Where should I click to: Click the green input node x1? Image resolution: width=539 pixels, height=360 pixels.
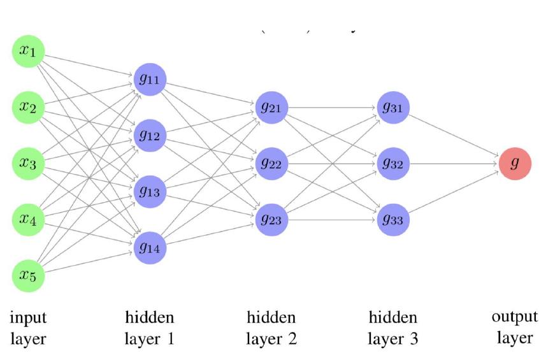click(x=28, y=52)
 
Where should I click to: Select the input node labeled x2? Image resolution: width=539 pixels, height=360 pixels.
click(x=28, y=107)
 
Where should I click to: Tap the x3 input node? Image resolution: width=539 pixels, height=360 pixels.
click(x=28, y=163)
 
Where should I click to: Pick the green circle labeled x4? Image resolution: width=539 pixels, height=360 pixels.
click(x=28, y=219)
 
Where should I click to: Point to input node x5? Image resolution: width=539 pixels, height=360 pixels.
click(x=28, y=275)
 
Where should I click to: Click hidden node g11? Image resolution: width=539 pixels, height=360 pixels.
click(x=150, y=80)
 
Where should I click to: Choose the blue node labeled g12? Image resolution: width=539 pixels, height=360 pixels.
click(x=150, y=135)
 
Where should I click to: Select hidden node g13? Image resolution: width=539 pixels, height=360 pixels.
click(x=150, y=191)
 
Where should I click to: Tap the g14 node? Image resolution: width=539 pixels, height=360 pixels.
click(x=150, y=247)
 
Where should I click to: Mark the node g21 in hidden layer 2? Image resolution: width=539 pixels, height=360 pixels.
click(x=272, y=107)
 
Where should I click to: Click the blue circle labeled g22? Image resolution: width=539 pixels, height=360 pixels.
click(x=272, y=163)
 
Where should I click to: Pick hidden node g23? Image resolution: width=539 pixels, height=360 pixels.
click(x=272, y=219)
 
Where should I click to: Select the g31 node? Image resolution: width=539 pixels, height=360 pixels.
click(x=393, y=107)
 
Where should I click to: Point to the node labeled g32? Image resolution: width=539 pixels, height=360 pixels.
click(x=393, y=163)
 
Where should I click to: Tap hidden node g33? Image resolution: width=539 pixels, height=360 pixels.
click(x=393, y=219)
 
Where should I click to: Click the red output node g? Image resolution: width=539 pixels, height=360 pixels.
click(x=515, y=163)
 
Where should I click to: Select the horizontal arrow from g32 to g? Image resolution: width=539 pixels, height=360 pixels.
click(x=454, y=163)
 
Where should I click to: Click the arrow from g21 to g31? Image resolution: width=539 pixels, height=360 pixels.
click(x=333, y=107)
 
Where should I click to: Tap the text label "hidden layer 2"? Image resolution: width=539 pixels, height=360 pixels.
click(x=271, y=328)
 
